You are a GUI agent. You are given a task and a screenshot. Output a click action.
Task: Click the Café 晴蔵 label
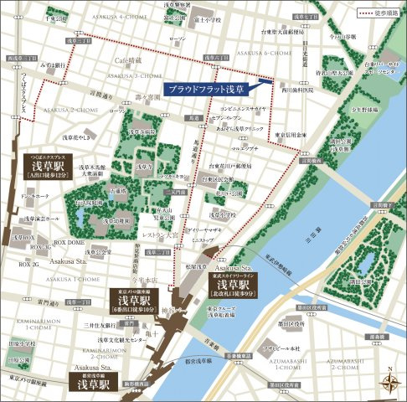tap(129, 60)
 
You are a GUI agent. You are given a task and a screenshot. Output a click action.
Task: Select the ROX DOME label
tap(70, 242)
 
